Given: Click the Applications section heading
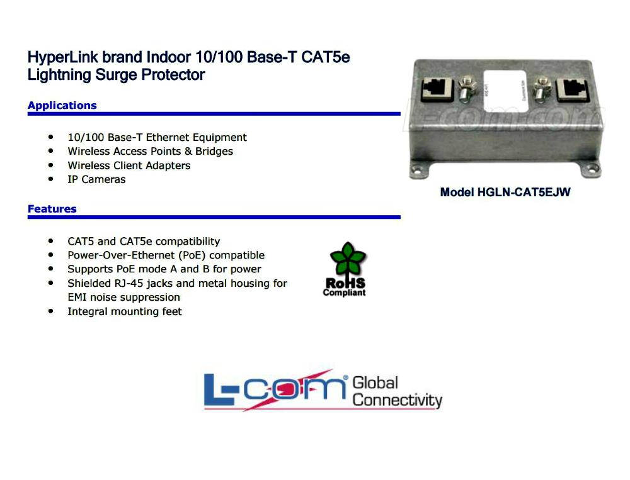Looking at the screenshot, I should tap(62, 105).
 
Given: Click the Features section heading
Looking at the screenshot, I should tap(52, 209).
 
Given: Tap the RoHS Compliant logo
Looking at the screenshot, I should tap(345, 269).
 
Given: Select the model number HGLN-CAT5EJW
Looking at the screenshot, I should tap(505, 193).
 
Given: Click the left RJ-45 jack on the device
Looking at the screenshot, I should tap(435, 89).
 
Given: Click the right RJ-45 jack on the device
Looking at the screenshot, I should tap(574, 89).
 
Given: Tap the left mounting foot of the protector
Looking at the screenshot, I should tap(418, 169).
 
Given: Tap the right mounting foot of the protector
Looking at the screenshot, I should tap(592, 169).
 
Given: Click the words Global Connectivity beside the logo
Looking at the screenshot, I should tap(397, 391).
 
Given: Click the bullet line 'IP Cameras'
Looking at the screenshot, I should tap(96, 179).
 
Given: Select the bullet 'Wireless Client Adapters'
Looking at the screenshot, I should tap(129, 165).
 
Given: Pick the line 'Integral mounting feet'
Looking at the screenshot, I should tap(124, 311).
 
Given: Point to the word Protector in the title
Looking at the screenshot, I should tap(176, 75).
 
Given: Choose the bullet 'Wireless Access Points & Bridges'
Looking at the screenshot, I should tap(150, 151).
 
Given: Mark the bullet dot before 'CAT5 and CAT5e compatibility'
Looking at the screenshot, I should tap(50, 241).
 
